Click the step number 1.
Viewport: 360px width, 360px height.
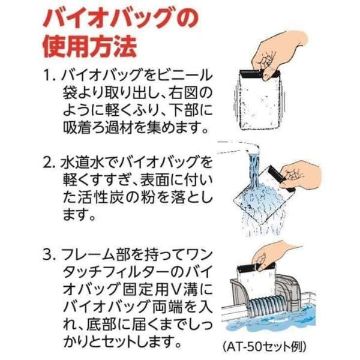(49, 75)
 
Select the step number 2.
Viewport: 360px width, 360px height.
(49, 163)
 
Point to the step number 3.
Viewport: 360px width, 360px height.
(49, 255)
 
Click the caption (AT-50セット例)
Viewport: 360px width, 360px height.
(264, 347)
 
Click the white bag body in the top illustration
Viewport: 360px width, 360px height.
(259, 103)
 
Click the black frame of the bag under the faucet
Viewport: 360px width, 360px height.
(281, 179)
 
